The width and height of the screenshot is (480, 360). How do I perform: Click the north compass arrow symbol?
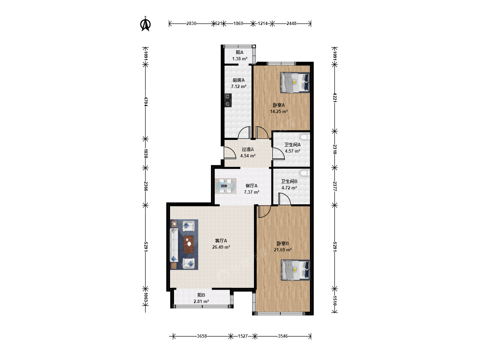tap(145, 24)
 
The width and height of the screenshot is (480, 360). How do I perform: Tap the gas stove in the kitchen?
tap(228, 100)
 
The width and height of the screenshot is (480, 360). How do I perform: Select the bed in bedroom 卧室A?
tap(295, 83)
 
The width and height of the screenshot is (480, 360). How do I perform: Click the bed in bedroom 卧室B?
tap(296, 270)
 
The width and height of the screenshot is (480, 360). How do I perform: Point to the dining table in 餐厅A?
tap(225, 186)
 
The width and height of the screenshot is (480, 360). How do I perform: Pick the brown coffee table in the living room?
tap(189, 244)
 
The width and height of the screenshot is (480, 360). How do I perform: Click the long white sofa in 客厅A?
tap(174, 245)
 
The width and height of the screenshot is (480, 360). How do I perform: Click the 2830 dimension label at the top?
tap(191, 23)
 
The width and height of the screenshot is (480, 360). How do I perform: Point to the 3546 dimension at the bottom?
tap(283, 336)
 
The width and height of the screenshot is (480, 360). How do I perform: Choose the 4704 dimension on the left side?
tap(146, 102)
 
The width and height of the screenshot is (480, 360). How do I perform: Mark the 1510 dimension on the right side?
tap(335, 300)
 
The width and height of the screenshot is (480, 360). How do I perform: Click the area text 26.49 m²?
tap(221, 247)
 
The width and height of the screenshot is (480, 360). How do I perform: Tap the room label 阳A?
tap(240, 52)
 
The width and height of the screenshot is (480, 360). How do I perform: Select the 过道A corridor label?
tap(248, 150)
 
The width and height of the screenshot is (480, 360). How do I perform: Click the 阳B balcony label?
tap(201, 295)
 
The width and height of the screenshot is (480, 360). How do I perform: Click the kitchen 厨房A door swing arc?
tap(244, 132)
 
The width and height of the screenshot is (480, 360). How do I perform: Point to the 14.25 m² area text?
tap(279, 111)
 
